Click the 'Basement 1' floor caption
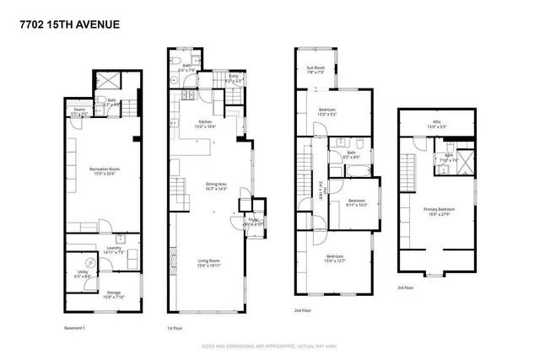(77, 327)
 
